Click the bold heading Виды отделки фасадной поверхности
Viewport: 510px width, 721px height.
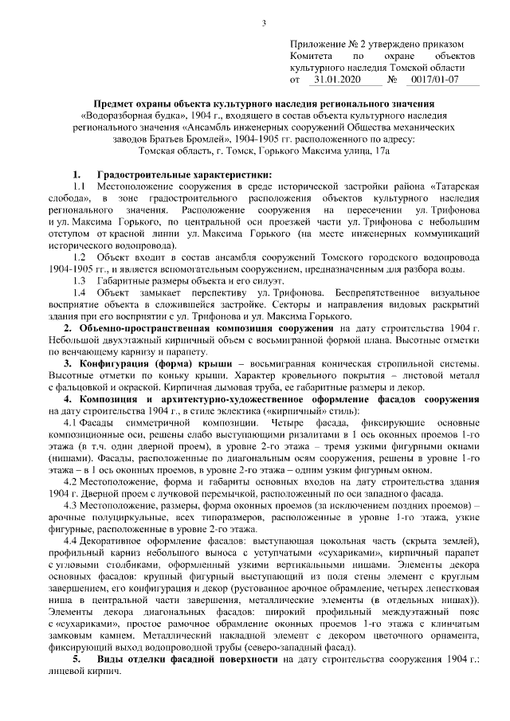click(187, 661)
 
